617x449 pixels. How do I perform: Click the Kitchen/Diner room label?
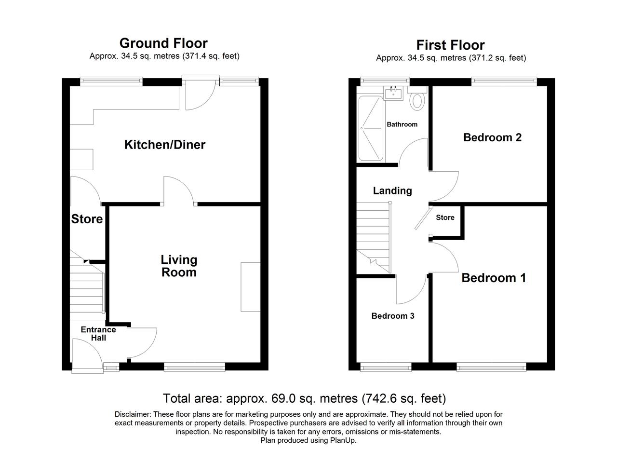[165, 145]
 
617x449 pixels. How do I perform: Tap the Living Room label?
[179, 266]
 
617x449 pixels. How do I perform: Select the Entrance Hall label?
[98, 334]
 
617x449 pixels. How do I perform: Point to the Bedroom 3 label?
[393, 316]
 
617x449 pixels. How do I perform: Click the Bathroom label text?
[402, 124]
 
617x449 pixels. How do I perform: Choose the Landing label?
[392, 190]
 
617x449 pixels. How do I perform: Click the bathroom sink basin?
[393, 93]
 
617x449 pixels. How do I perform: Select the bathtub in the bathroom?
[371, 128]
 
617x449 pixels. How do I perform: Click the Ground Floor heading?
[163, 43]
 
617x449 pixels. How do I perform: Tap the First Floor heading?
[451, 45]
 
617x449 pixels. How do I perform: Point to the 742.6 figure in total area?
[382, 398]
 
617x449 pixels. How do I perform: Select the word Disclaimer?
[133, 414]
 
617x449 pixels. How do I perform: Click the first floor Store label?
[445, 218]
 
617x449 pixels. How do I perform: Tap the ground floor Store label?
[87, 219]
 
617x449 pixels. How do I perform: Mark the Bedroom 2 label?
[493, 137]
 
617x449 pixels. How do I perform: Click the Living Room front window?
[194, 367]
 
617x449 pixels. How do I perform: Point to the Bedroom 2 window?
[504, 81]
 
